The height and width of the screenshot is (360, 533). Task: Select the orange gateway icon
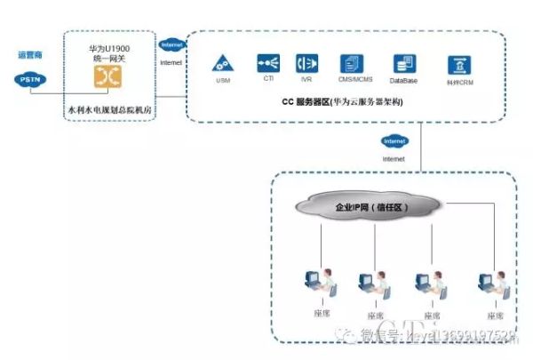[108, 76]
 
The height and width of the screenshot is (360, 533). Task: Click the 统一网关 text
[107, 55]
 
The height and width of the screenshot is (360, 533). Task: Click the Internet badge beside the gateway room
[171, 44]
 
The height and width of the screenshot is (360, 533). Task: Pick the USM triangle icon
[222, 64]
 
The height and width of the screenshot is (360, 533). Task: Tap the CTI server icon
[268, 64]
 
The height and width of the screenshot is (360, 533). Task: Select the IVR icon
[307, 64]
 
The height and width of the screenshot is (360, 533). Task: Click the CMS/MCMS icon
[353, 64]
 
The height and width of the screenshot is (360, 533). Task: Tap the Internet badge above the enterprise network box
[394, 141]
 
